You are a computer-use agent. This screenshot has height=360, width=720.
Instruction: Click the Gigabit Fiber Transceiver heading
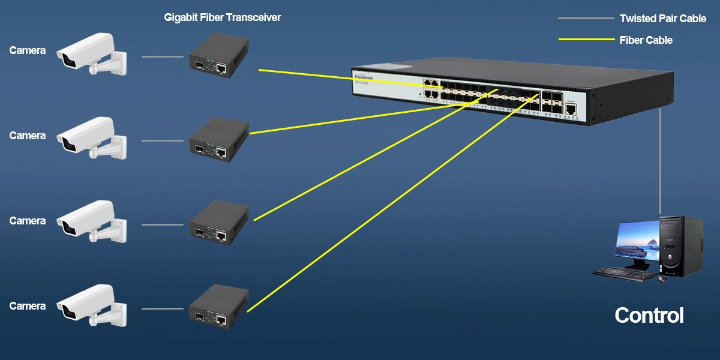pyautogui.click(x=223, y=18)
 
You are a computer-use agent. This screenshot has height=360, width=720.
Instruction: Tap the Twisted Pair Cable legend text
pyautogui.click(x=663, y=19)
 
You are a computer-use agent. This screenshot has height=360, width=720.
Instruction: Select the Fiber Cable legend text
pyautogui.click(x=646, y=40)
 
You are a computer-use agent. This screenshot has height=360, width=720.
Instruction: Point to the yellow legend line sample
pyautogui.click(x=584, y=40)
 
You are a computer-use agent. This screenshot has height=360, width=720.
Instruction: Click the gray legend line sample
pyautogui.click(x=584, y=19)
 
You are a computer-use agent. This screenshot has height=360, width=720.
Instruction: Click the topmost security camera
pyautogui.click(x=90, y=55)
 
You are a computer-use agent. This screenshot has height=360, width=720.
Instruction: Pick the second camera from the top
pyautogui.click(x=90, y=140)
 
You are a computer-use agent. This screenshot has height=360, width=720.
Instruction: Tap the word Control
pyautogui.click(x=649, y=316)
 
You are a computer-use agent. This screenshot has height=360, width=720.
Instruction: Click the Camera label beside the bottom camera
pyautogui.click(x=28, y=307)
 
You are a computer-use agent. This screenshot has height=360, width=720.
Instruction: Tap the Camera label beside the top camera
pyautogui.click(x=28, y=51)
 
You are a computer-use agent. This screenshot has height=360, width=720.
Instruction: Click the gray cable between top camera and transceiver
pyautogui.click(x=163, y=57)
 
